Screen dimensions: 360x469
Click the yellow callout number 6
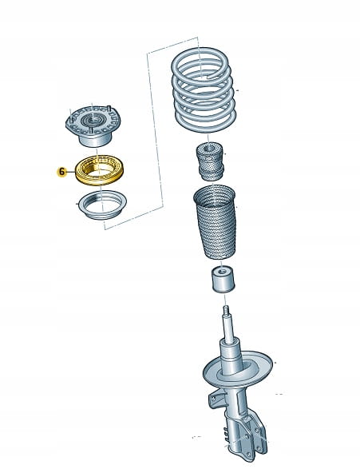tap(61, 172)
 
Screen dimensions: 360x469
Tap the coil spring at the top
tap(204, 89)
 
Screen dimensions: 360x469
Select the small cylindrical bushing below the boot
tap(224, 280)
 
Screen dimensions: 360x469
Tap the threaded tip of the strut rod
tap(226, 310)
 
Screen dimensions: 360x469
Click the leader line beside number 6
tap(71, 172)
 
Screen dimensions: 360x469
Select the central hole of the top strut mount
tap(93, 121)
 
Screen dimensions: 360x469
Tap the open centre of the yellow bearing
tap(100, 171)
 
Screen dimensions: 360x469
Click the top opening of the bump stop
tap(211, 147)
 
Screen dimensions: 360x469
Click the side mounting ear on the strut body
tap(214, 399)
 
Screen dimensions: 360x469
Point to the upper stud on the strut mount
tap(109, 109)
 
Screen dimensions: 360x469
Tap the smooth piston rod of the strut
tap(228, 329)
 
